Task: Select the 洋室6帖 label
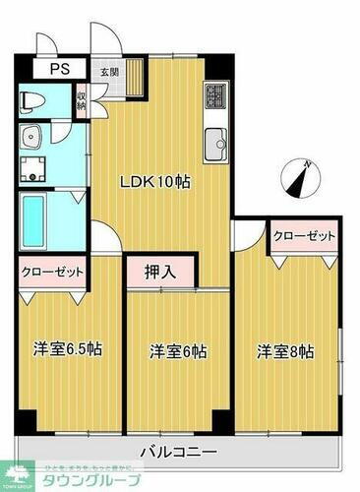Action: pyautogui.click(x=178, y=350)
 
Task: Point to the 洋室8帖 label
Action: pyautogui.click(x=286, y=350)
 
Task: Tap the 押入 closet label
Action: pyautogui.click(x=161, y=271)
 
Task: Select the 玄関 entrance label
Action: pyautogui.click(x=107, y=70)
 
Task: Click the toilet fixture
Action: pyautogui.click(x=30, y=100)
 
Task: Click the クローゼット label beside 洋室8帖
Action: pyautogui.click(x=304, y=237)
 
